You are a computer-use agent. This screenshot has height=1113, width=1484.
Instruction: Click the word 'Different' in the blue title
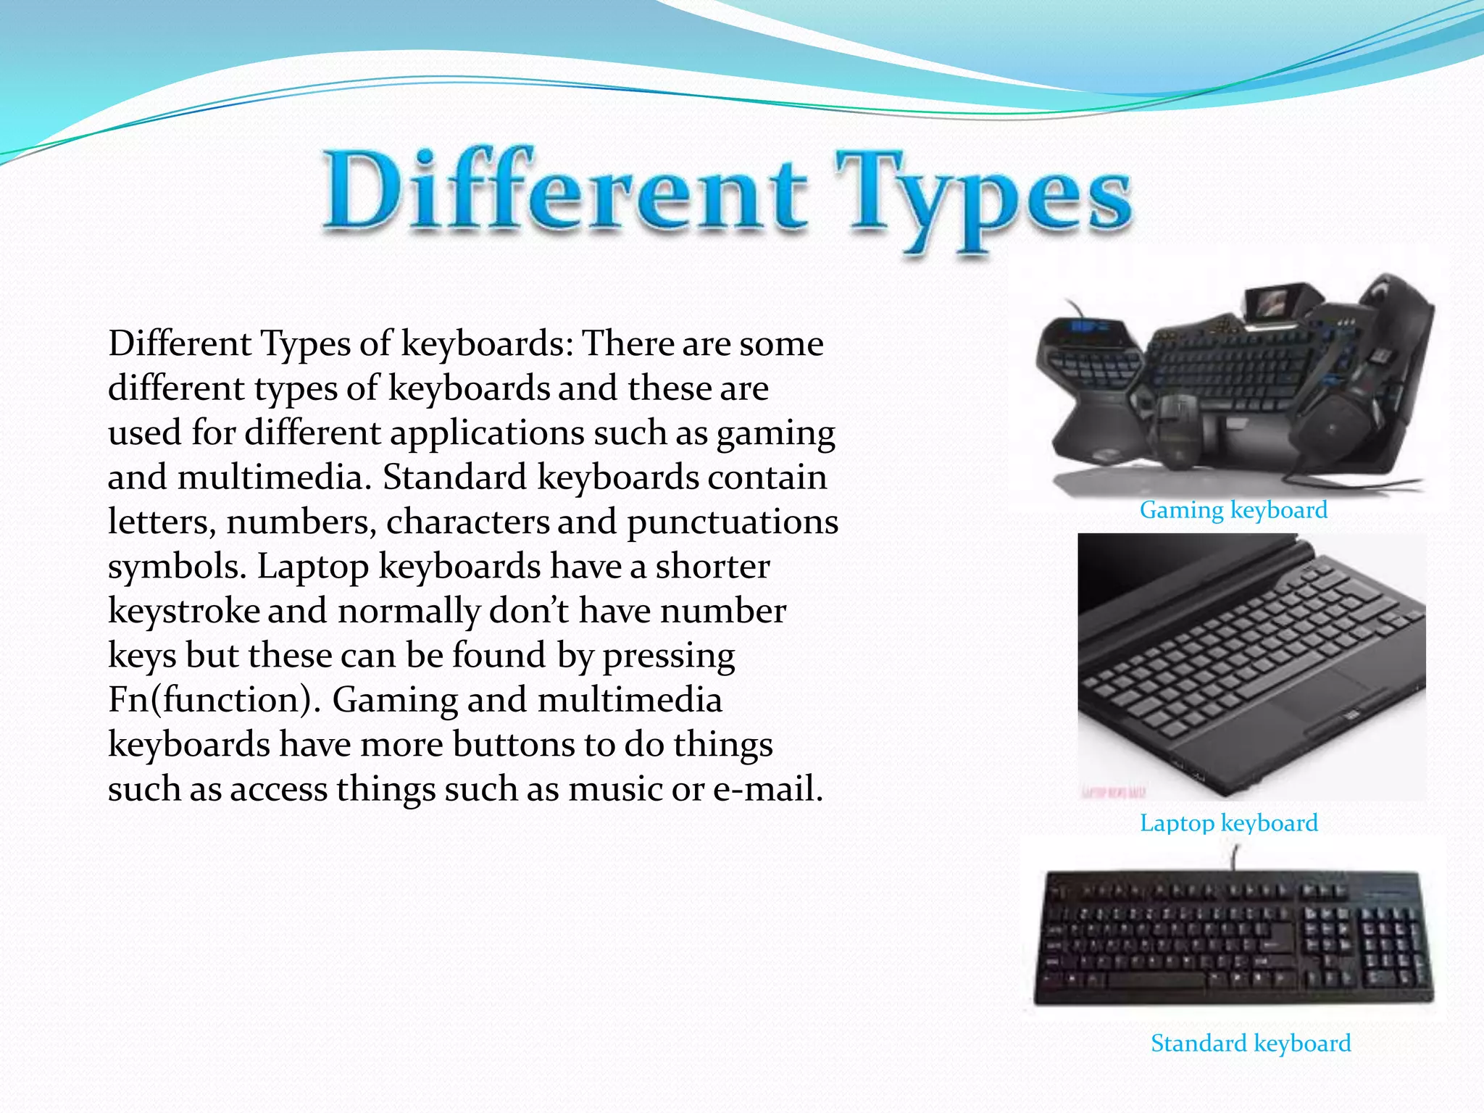565,192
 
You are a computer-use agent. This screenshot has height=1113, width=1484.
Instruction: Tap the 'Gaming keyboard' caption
1233,510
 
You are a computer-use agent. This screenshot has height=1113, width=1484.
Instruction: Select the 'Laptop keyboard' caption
1228,823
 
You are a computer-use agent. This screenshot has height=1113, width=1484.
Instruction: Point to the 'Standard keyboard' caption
1251,1043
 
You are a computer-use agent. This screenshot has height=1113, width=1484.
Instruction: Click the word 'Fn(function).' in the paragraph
214,700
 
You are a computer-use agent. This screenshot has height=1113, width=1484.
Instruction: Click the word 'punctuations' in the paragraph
732,522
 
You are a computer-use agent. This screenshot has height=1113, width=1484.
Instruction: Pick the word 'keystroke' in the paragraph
183,611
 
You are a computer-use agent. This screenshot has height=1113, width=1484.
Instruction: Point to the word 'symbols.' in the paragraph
177,567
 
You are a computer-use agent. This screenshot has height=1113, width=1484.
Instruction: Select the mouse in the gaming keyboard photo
1174,428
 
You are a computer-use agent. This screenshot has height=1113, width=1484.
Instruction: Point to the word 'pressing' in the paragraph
668,656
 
